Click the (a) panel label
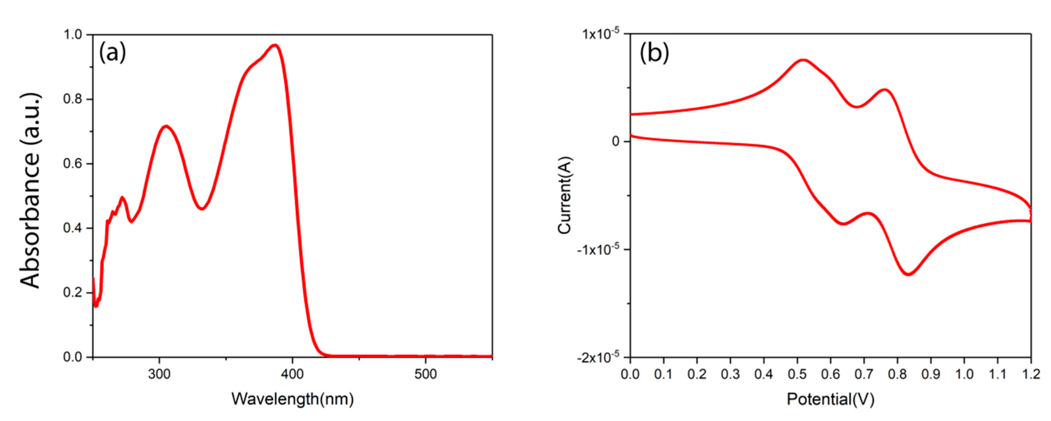click(x=112, y=53)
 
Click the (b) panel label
click(x=654, y=53)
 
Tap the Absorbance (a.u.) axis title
click(x=30, y=190)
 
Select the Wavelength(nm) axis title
click(x=293, y=398)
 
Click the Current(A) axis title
click(x=565, y=195)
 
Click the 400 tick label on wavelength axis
click(x=292, y=374)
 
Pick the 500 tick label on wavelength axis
click(x=425, y=374)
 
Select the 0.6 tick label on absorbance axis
click(x=72, y=164)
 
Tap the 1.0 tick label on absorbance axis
click(x=72, y=35)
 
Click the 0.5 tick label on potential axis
click(x=797, y=374)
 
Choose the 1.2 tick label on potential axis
click(x=1031, y=374)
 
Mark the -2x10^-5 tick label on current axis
click(x=598, y=357)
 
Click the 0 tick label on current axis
click(x=615, y=141)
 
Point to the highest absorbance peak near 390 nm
click(x=275, y=45)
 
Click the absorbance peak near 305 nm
click(x=166, y=126)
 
